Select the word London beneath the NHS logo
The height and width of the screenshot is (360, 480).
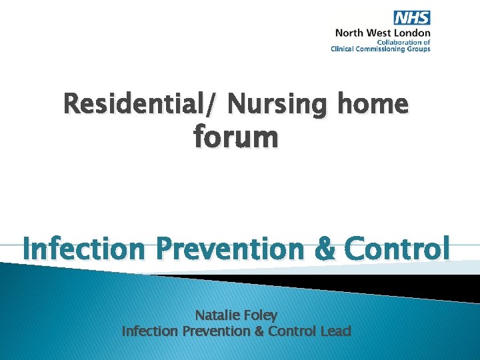[x=415, y=33]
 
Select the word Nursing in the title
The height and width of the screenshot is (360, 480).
[x=281, y=104]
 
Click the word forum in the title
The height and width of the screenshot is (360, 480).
[x=236, y=137]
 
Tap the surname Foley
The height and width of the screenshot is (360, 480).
[x=260, y=315]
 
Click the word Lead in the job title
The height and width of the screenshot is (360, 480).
[x=335, y=331]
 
